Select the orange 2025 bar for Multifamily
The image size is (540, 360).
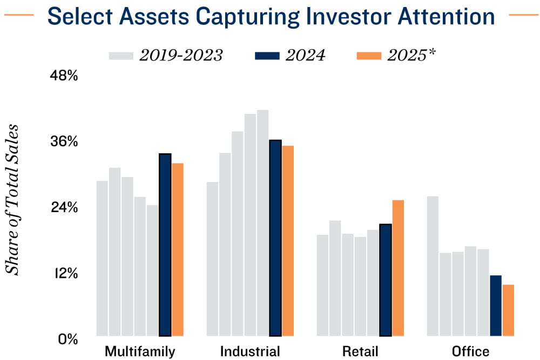[x=178, y=249]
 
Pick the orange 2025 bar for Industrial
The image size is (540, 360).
[x=288, y=241]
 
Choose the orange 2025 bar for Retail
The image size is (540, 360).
[x=398, y=268]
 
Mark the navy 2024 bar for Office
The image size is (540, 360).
[x=495, y=305]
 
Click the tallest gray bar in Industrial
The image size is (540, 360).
[x=262, y=222]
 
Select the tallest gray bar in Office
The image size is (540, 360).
[x=433, y=266]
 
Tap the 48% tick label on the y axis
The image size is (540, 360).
[x=64, y=76]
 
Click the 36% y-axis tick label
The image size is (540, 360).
[x=64, y=142]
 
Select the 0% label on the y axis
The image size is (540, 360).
[x=68, y=339]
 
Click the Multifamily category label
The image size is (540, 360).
[x=140, y=351]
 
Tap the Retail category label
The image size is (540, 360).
[x=360, y=351]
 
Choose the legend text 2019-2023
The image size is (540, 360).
[x=181, y=56]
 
